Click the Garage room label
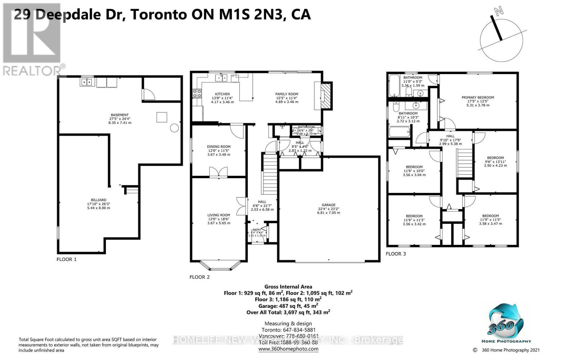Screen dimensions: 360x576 (328, 205)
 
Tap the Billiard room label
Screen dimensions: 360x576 (98, 200)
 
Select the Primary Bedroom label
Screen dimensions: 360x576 (478, 97)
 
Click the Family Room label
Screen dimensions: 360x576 (287, 94)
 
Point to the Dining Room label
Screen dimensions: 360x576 (219, 147)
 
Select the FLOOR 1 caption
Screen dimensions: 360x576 (67, 259)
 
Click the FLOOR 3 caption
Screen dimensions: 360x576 (396, 254)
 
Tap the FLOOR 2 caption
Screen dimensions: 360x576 (199, 277)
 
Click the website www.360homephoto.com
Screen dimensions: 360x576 (288, 349)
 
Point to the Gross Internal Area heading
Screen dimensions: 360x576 (288, 287)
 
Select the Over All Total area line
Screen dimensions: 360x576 (288, 312)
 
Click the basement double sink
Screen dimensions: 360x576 (87, 82)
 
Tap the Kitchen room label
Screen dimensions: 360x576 (222, 94)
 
